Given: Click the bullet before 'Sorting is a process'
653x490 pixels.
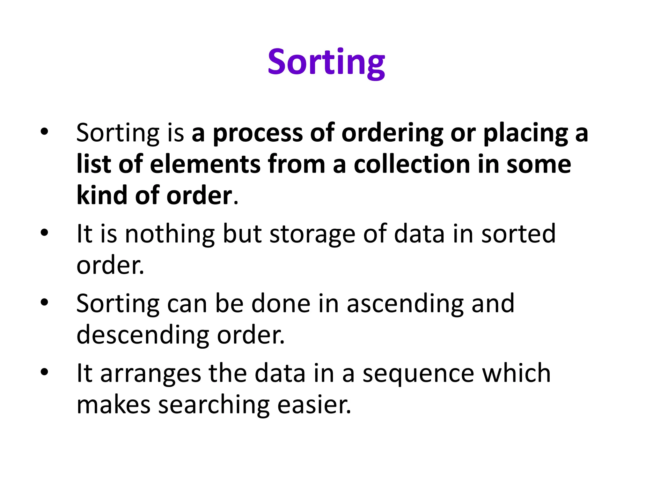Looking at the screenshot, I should [44, 131].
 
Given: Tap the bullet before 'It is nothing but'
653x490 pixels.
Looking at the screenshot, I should [44, 233].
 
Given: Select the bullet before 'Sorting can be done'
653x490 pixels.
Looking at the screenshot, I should [44, 302].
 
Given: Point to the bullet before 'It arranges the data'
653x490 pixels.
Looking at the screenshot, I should [44, 372].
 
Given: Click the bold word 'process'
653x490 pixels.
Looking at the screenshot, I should [258, 133].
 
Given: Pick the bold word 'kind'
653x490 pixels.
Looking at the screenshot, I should [102, 195].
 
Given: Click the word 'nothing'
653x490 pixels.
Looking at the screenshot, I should [170, 234].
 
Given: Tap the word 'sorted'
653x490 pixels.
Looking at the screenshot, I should [518, 234].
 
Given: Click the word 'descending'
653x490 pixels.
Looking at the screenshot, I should [143, 336].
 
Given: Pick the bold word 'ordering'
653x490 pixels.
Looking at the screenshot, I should [392, 133].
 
